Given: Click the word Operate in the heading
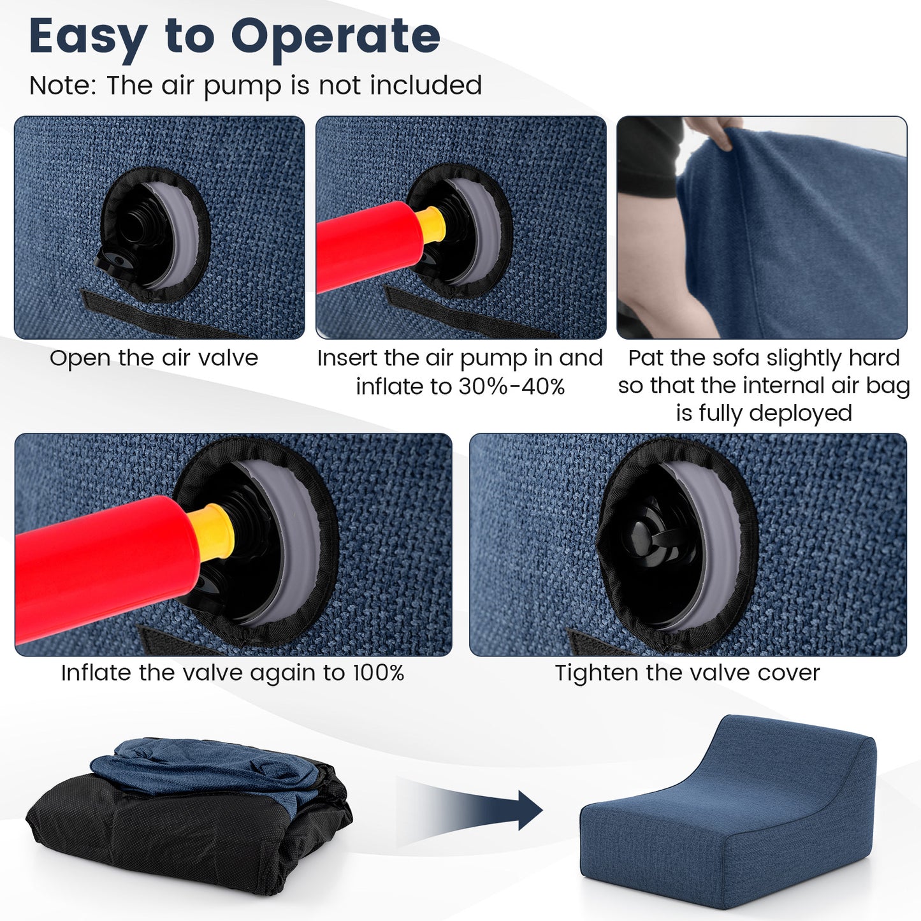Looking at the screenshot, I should pos(335,37).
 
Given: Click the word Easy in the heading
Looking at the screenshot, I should pos(88,37).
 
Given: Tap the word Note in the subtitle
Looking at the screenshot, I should pos(60,85).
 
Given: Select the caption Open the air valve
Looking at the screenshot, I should pos(154,358).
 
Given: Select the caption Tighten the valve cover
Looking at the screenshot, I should pos(687,673).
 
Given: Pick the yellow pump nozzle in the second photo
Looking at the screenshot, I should pos(431,224).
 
